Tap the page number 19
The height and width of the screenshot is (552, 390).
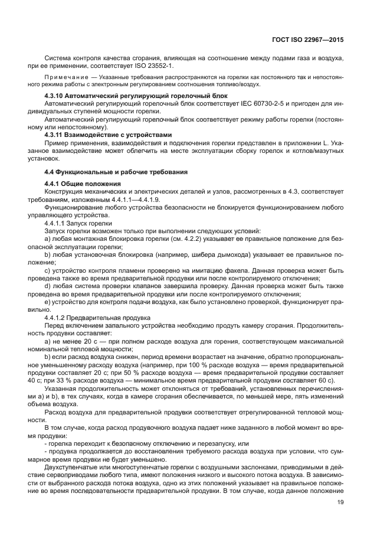[340, 502]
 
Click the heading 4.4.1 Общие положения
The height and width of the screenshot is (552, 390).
[81, 185]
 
